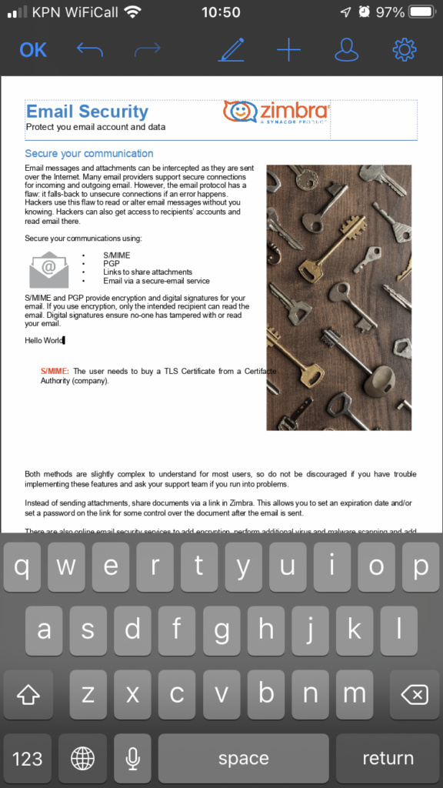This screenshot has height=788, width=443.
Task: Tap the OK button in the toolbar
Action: tap(33, 50)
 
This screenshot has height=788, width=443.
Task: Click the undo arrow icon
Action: tap(89, 50)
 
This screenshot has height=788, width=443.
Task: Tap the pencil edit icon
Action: tap(231, 50)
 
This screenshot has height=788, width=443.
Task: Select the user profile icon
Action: tap(347, 50)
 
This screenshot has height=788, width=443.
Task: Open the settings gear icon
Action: tap(404, 50)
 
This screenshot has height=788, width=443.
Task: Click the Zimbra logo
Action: tap(276, 112)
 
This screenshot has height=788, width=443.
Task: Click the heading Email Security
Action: tap(87, 112)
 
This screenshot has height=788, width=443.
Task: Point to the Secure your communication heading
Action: tap(88, 153)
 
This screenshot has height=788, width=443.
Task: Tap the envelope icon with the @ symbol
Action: tap(48, 269)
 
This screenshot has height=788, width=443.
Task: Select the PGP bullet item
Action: tap(111, 263)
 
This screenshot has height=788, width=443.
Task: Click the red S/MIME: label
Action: tap(55, 371)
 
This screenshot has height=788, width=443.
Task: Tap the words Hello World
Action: tap(44, 340)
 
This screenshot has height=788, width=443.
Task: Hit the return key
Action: tap(388, 758)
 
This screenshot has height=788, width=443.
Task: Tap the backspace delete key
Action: tap(415, 694)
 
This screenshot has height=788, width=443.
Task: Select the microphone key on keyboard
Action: tap(132, 758)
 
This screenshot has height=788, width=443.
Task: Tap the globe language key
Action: tap(82, 758)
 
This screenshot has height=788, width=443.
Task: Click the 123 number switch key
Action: tap(28, 758)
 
